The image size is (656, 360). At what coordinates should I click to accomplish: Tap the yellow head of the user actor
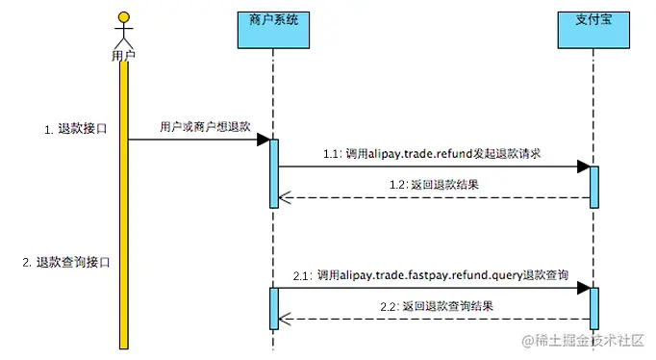pos(123,17)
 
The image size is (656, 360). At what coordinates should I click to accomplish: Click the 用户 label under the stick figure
pos(123,55)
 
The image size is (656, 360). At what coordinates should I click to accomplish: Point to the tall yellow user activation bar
pos(123,202)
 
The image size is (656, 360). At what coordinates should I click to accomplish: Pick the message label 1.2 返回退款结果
pos(434,184)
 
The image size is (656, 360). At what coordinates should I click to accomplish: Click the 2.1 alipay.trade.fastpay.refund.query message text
pos(430,275)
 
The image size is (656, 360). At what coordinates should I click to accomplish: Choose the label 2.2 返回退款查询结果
pos(434,306)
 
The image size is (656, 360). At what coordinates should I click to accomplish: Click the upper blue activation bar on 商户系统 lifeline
pos(273,172)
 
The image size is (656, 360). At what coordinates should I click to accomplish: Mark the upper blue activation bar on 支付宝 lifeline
pos(593,186)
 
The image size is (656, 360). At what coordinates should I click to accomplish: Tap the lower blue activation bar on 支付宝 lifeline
pos(593,306)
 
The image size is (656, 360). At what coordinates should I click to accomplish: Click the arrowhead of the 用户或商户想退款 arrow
pos(262,141)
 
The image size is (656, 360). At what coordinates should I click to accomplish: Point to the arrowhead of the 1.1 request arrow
pos(582,167)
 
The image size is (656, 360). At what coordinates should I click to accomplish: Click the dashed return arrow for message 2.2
pos(433,319)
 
